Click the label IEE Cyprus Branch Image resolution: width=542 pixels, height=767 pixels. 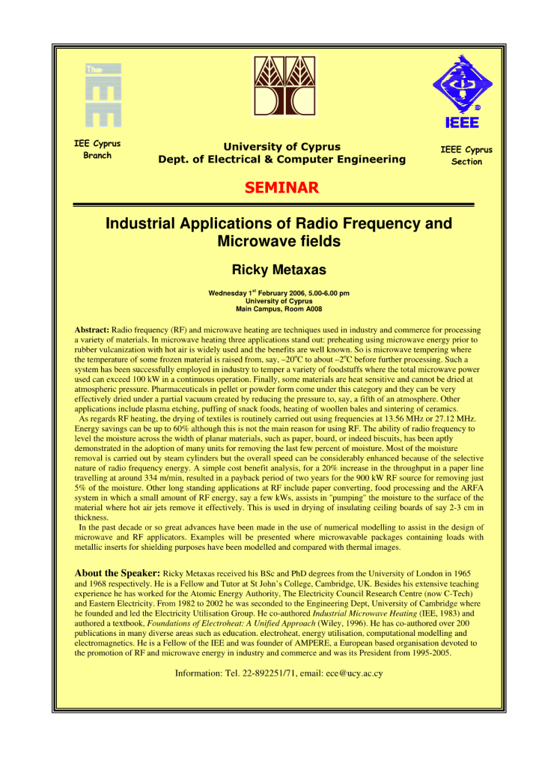point(97,150)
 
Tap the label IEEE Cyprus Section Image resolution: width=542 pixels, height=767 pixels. point(466,156)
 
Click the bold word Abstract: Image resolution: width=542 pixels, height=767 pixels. point(92,330)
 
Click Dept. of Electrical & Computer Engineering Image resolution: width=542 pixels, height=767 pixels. point(281,160)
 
